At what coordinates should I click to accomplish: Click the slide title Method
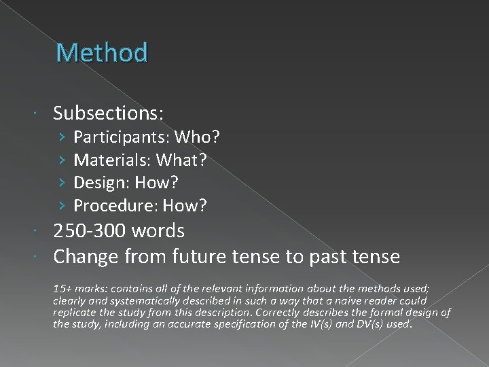(102, 52)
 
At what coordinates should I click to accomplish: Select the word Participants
(122, 138)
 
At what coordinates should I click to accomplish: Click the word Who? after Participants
(197, 138)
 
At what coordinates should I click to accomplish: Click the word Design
(102, 183)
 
